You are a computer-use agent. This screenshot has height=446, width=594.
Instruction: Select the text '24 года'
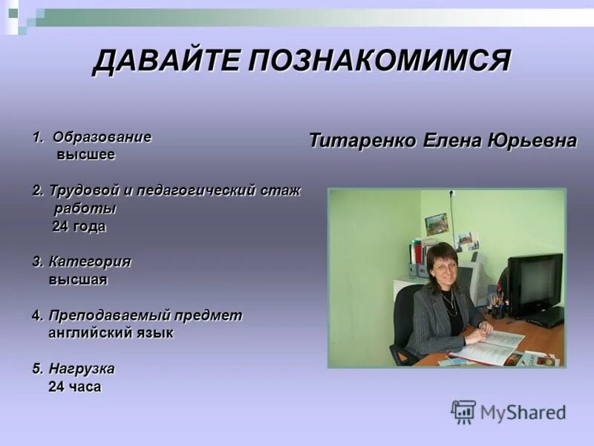79,227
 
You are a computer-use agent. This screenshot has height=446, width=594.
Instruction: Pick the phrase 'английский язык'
111,333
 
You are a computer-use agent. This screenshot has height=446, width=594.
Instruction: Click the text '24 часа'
74,387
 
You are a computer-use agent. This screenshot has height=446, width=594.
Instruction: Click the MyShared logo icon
463,412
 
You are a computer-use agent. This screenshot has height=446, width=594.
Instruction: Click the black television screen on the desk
535,282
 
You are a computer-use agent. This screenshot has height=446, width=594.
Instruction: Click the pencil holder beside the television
497,305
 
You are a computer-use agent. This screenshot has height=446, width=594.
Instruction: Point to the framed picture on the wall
436,224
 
